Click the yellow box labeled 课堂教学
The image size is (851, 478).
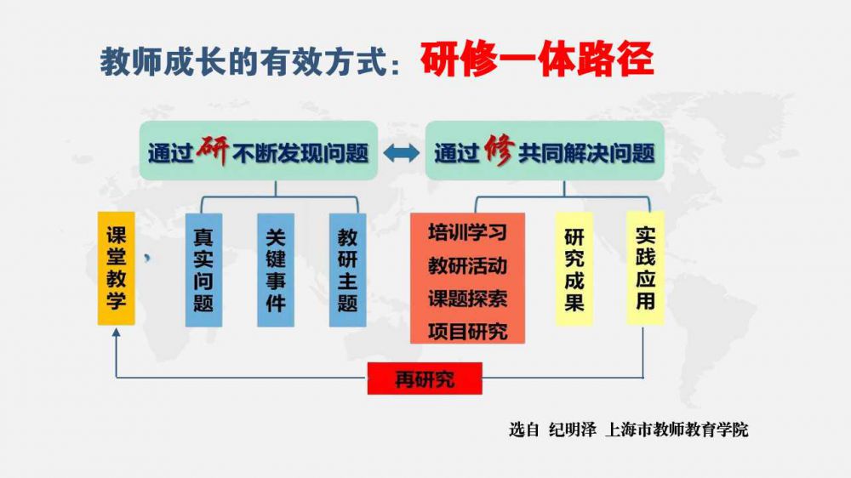click(x=117, y=268)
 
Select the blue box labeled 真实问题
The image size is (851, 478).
click(x=203, y=270)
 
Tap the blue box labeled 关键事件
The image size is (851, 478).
click(x=275, y=270)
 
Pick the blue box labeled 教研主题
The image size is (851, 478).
click(x=347, y=270)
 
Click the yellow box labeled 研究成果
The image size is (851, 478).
click(x=574, y=270)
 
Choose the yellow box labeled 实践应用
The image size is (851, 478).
click(x=645, y=268)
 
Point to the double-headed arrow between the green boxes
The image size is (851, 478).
click(x=403, y=153)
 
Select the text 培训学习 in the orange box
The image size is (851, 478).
click(x=467, y=232)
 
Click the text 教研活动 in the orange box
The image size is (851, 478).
click(x=467, y=265)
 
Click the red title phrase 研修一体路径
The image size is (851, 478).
click(x=536, y=60)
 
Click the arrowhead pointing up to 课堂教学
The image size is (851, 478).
click(x=117, y=333)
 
